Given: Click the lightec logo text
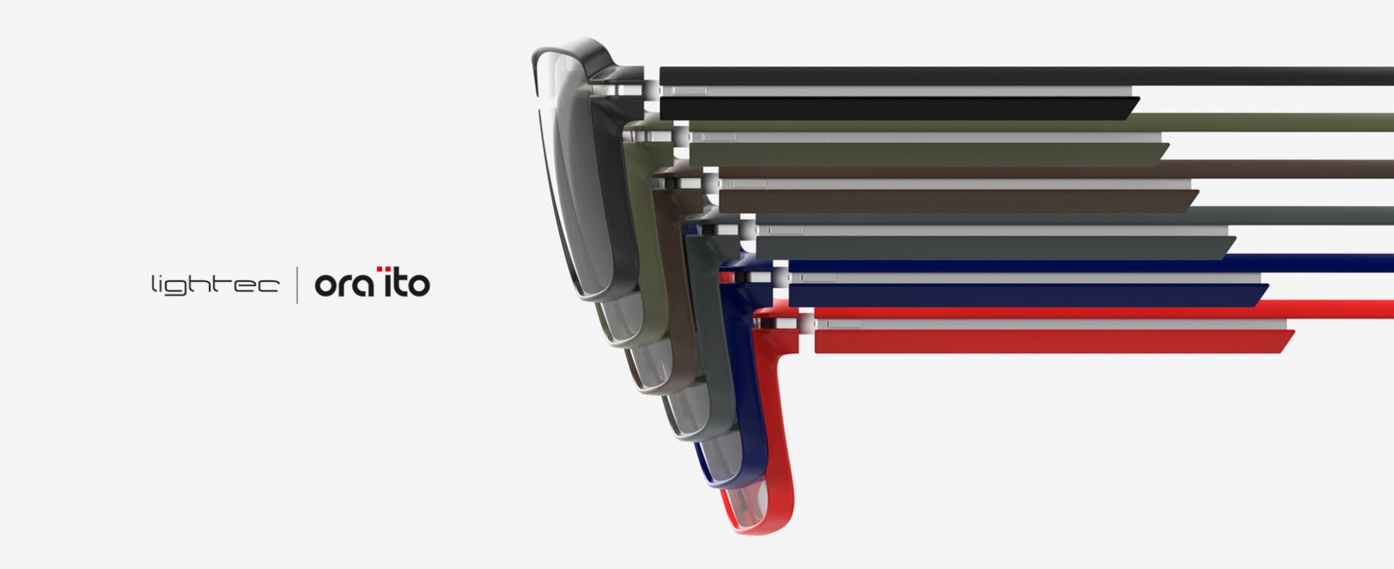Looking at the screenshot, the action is (x=215, y=284).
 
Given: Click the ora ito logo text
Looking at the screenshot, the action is (x=372, y=282).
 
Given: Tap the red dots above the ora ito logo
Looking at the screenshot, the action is (x=383, y=269).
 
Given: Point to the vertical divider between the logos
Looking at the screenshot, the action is (x=297, y=284).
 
